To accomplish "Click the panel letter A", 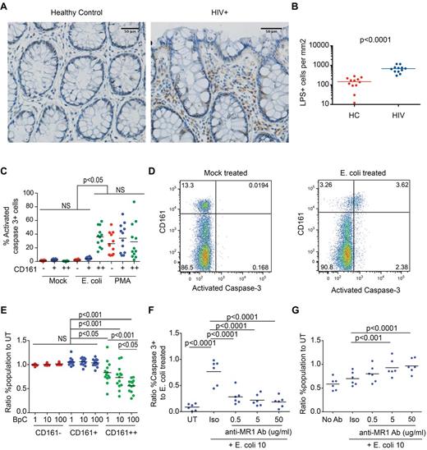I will click(7, 7).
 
